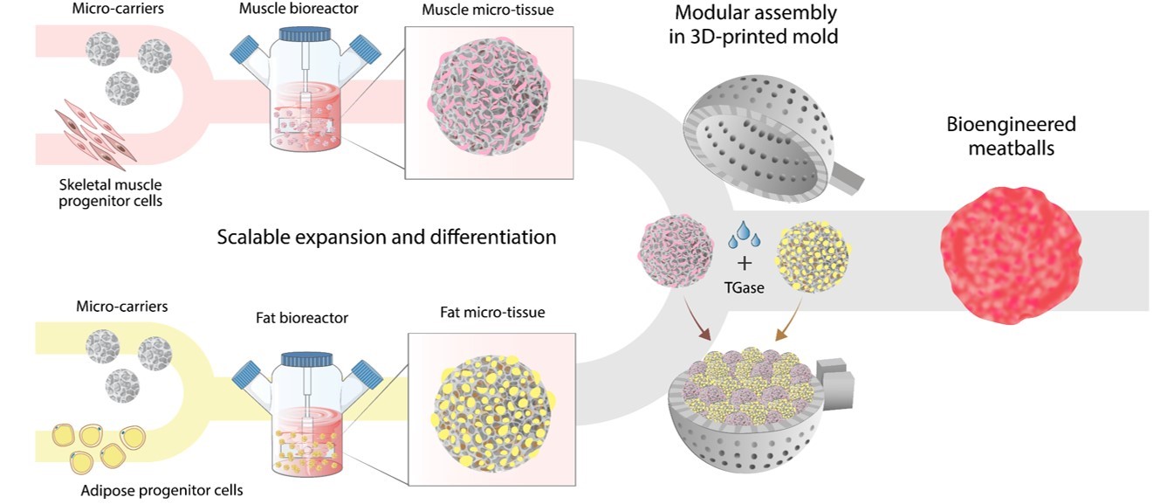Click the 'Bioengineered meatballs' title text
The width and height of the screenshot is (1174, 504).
pyautogui.click(x=1011, y=135)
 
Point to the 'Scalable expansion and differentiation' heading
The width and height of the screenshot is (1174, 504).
pyautogui.click(x=387, y=237)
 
